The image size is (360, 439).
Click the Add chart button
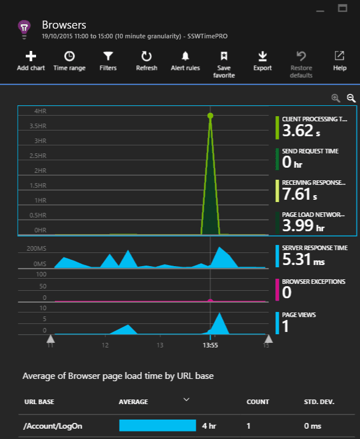click(31, 56)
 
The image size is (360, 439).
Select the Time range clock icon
click(69, 56)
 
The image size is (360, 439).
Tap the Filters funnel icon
click(108, 56)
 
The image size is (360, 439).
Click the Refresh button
click(147, 56)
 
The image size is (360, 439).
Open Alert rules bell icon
click(185, 56)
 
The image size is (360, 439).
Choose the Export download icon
click(262, 56)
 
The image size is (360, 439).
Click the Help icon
click(339, 56)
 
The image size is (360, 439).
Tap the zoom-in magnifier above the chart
click(336, 98)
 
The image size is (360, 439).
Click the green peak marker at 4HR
click(210, 116)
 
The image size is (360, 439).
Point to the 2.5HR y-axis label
click(38, 156)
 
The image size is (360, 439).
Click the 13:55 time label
click(211, 346)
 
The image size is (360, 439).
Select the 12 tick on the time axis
click(105, 346)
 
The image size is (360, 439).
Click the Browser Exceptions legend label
click(314, 282)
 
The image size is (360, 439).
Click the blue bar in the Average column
click(157, 426)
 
